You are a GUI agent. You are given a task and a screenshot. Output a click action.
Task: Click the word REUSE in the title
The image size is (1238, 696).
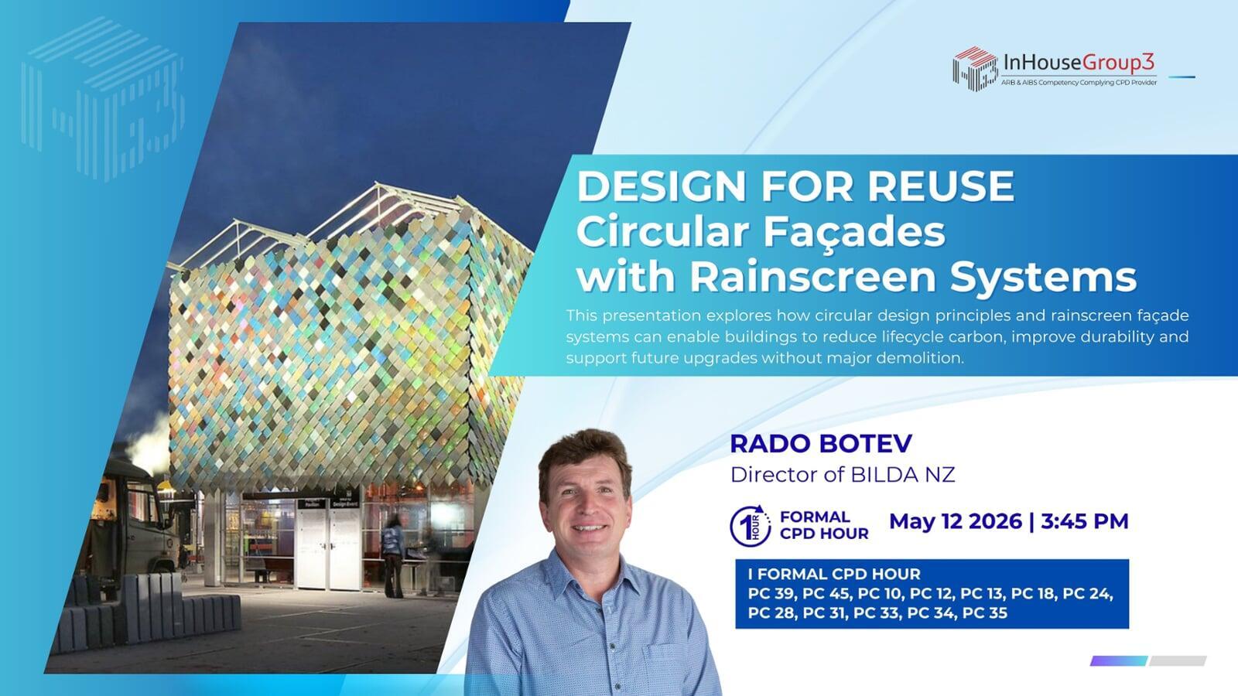click(x=941, y=186)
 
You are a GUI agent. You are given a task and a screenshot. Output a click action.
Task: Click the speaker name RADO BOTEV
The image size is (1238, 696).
click(x=821, y=444)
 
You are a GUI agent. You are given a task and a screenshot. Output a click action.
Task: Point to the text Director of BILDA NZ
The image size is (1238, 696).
click(x=843, y=475)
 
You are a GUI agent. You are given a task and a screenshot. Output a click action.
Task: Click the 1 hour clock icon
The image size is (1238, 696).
click(x=750, y=525)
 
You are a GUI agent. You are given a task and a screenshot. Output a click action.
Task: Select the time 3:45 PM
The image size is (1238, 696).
click(x=1084, y=521)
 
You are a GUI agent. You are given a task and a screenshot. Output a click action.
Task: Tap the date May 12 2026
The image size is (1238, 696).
click(x=956, y=521)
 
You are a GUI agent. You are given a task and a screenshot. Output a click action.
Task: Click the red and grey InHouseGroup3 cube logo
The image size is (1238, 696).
click(x=975, y=69)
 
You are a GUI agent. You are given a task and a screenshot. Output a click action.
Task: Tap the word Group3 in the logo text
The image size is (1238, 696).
click(x=1118, y=63)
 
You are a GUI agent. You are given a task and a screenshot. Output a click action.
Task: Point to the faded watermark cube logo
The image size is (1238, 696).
click(x=102, y=100)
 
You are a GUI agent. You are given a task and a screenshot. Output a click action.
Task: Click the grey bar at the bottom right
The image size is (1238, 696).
click(x=1178, y=660)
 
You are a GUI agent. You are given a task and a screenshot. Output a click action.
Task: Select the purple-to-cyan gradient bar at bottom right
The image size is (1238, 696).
click(x=1119, y=660)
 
